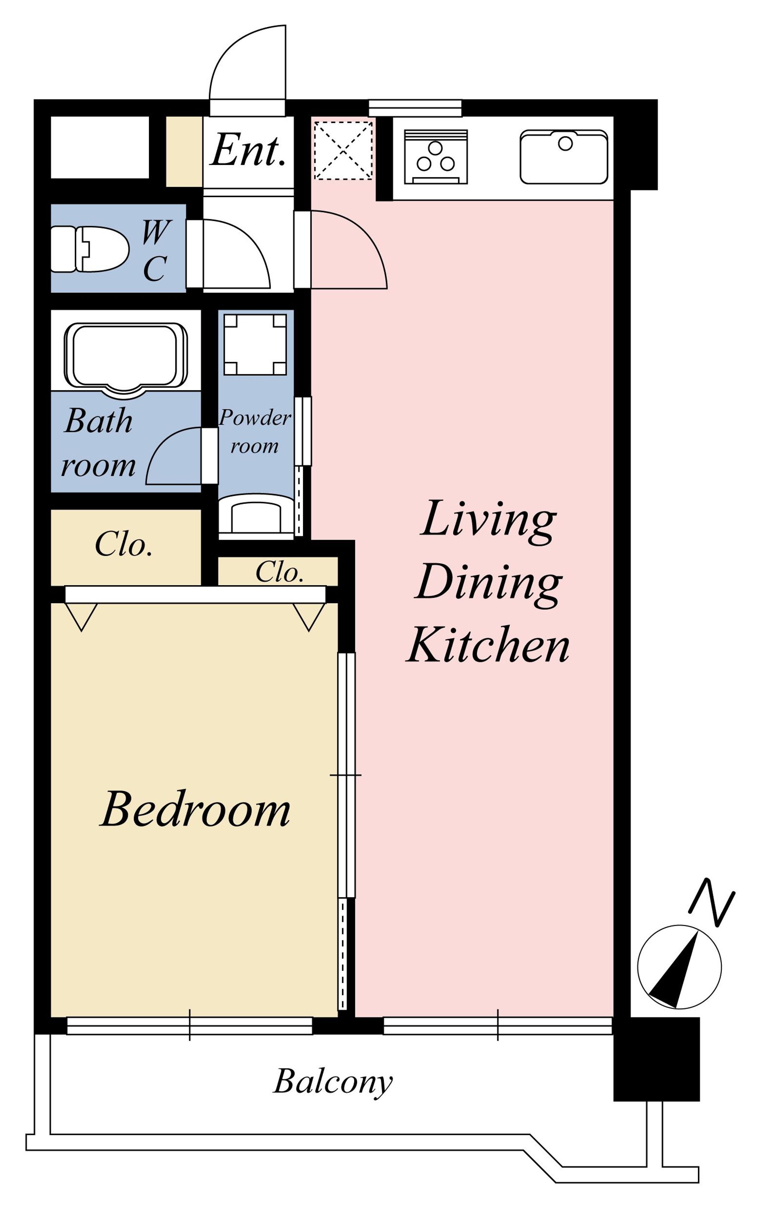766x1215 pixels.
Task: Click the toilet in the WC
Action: [89, 249]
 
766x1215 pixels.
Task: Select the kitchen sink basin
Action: [564, 157]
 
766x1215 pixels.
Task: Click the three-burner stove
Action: [435, 157]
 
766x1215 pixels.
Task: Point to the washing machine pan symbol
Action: [255, 345]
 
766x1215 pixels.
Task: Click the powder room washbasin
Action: [256, 515]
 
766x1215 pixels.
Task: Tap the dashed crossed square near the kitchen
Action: [343, 150]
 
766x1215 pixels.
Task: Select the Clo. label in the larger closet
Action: [124, 544]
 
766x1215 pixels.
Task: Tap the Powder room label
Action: [255, 432]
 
